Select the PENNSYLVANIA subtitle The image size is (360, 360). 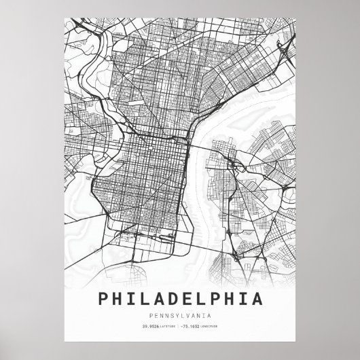(180, 314)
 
